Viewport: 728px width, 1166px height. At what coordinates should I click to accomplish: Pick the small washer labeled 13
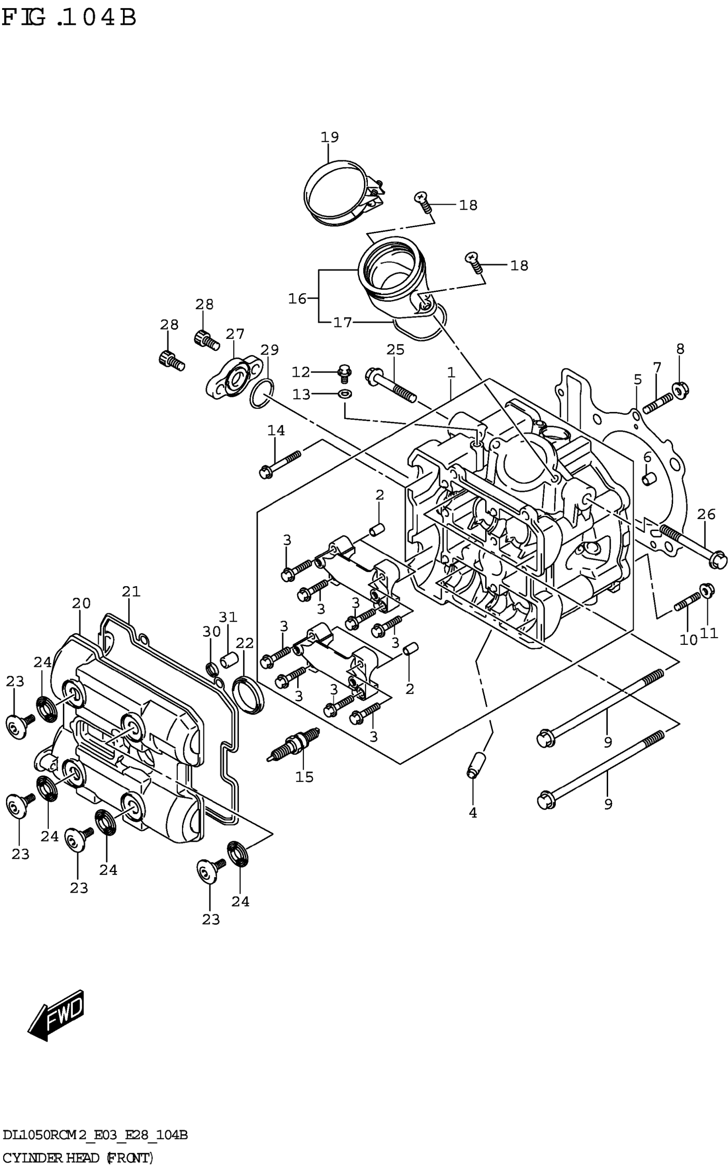pos(345,395)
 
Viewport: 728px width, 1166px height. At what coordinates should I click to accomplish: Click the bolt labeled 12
pos(344,372)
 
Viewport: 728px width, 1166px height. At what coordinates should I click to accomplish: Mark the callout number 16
pos(297,299)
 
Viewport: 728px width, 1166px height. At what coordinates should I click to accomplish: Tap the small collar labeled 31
pos(229,659)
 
